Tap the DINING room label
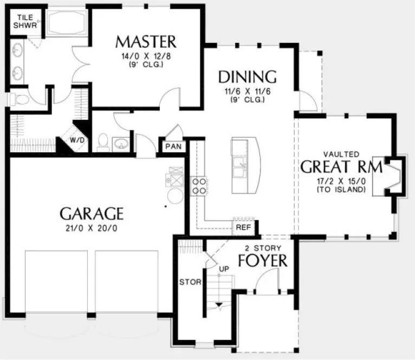click(x=247, y=76)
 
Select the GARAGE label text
click(x=92, y=213)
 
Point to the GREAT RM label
click(x=341, y=166)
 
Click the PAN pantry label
click(x=173, y=146)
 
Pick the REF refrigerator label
click(x=243, y=227)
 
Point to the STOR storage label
click(x=191, y=282)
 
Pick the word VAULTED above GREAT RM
click(x=341, y=155)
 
